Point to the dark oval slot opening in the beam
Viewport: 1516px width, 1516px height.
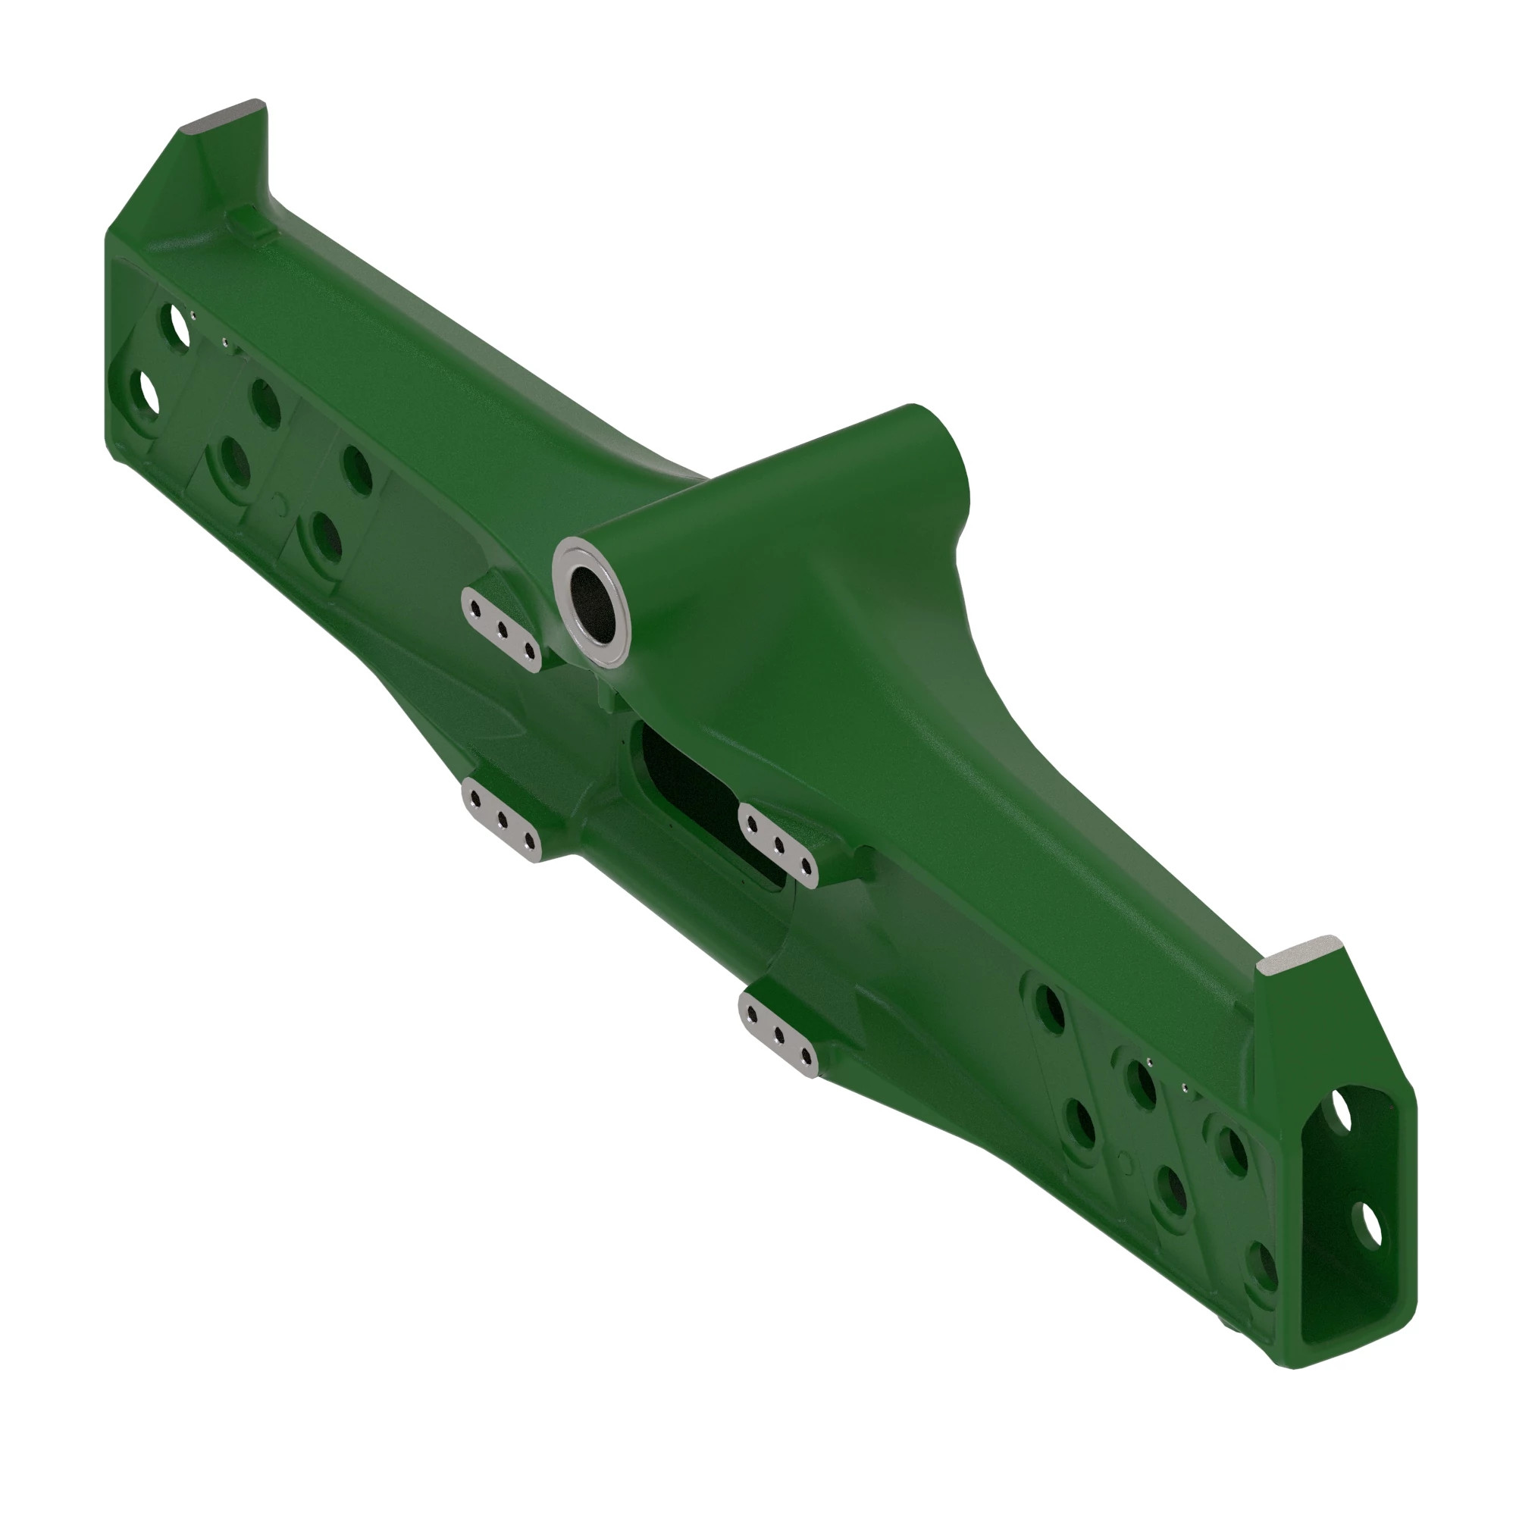[691, 785]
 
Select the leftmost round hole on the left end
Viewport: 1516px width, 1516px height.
[146, 393]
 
